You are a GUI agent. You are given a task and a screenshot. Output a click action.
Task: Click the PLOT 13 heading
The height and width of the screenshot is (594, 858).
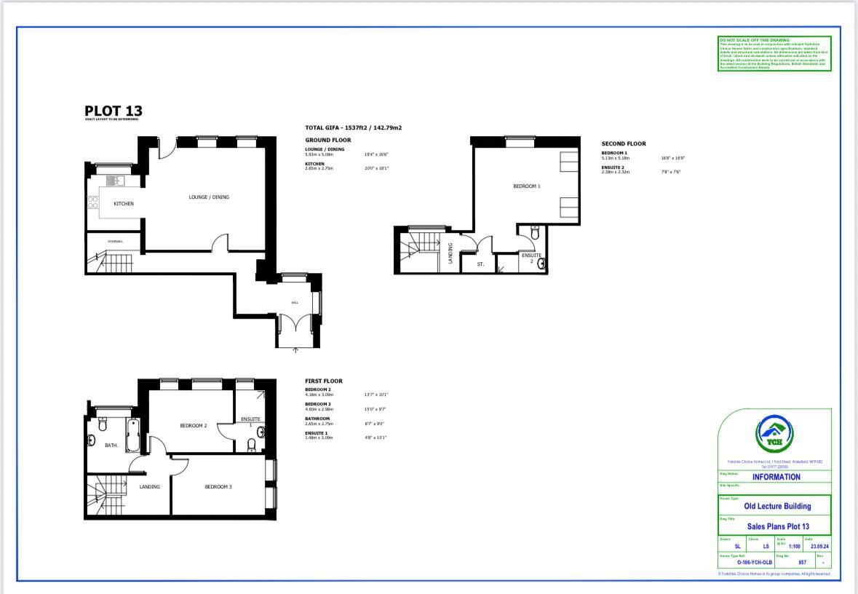point(114,111)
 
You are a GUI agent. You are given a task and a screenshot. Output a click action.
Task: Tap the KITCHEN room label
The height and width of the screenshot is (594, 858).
point(124,204)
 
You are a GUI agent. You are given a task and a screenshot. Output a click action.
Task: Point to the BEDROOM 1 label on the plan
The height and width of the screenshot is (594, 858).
point(526,186)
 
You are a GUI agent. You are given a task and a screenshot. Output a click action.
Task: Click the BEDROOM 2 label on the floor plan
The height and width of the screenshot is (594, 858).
point(194,426)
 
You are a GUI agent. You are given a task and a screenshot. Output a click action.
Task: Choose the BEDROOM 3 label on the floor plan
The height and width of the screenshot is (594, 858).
point(218,487)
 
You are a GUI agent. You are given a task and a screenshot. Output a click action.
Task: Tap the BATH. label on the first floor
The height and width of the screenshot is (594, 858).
point(111,445)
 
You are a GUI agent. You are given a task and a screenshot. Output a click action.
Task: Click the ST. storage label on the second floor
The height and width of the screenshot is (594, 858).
point(480,264)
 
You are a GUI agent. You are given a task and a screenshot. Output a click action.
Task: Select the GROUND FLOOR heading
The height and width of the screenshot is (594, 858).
point(327,140)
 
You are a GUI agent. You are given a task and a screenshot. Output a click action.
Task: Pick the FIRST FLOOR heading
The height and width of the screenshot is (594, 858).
point(323,381)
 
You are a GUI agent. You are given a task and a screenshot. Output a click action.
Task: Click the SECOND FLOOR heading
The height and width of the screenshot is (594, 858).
point(623,144)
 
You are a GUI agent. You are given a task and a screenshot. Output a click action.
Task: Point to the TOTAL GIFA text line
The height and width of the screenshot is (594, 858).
point(353,127)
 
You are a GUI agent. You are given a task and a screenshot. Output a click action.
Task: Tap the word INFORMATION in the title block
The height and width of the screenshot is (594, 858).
point(776,478)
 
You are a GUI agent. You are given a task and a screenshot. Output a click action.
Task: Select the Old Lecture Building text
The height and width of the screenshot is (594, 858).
point(777,506)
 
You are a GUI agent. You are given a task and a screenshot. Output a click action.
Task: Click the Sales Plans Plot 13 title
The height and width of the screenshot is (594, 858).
point(777,526)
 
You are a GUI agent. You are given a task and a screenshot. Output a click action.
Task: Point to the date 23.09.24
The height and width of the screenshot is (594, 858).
point(820,546)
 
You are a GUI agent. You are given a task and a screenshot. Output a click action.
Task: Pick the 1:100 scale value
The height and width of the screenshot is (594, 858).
point(794,546)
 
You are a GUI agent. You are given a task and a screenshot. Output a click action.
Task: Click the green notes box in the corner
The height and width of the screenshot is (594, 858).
point(774,53)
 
